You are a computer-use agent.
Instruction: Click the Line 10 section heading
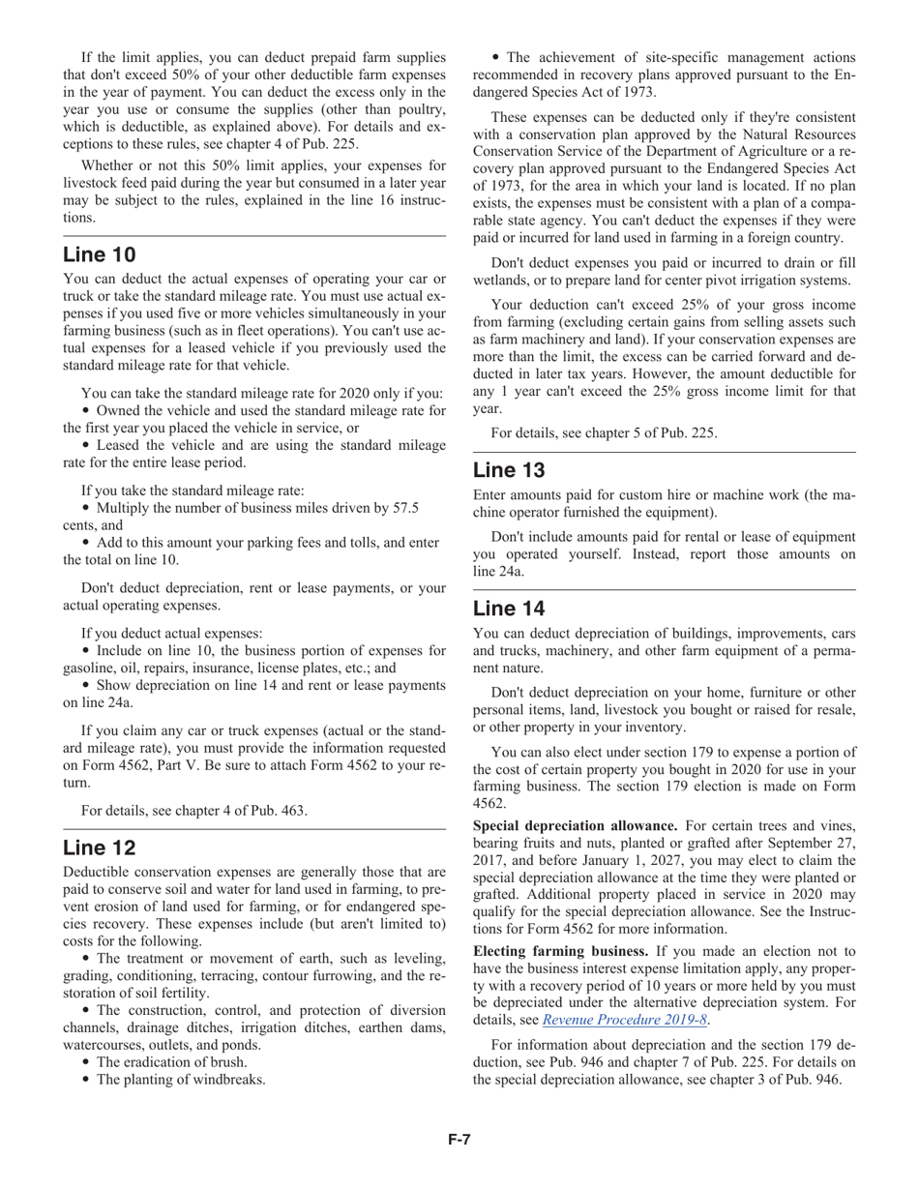[100, 254]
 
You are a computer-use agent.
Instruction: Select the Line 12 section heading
[100, 848]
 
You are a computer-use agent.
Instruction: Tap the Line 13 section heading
[509, 470]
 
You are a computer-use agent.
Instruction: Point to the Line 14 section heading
[509, 608]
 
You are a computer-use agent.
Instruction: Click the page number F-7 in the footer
[459, 1140]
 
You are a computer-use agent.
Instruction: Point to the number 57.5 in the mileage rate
[402, 508]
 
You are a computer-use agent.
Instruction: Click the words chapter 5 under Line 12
[597, 432]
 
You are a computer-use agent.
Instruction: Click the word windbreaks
[230, 1080]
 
